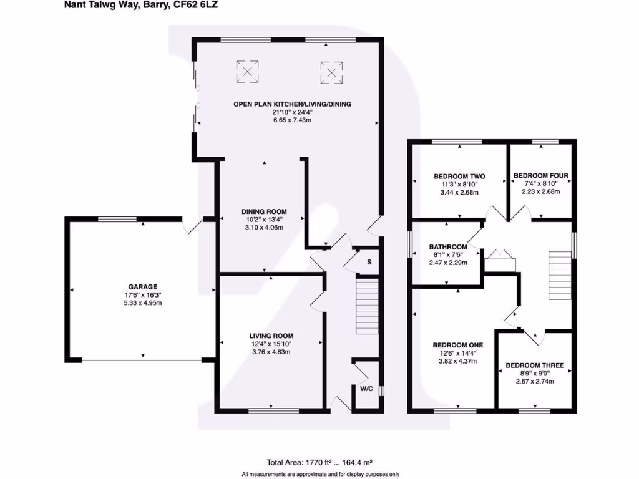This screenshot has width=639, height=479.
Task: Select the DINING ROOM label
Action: [x=265, y=211]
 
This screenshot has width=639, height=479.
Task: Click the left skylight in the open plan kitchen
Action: [x=247, y=72]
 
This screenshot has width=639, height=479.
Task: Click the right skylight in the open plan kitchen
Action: [x=332, y=73]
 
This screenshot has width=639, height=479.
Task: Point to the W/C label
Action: [x=366, y=388]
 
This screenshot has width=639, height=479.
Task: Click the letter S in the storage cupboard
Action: [x=369, y=262]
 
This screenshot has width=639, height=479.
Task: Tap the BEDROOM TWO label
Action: [x=459, y=177]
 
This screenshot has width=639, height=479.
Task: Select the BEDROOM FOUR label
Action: [x=540, y=176]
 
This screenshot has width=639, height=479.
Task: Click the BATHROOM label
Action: [x=448, y=247]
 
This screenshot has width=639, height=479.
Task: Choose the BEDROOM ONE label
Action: [x=458, y=344]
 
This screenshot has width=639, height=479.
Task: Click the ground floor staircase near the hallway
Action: [x=367, y=307]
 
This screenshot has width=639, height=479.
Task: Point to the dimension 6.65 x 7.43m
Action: [x=291, y=120]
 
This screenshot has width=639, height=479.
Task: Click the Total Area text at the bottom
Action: [x=319, y=462]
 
